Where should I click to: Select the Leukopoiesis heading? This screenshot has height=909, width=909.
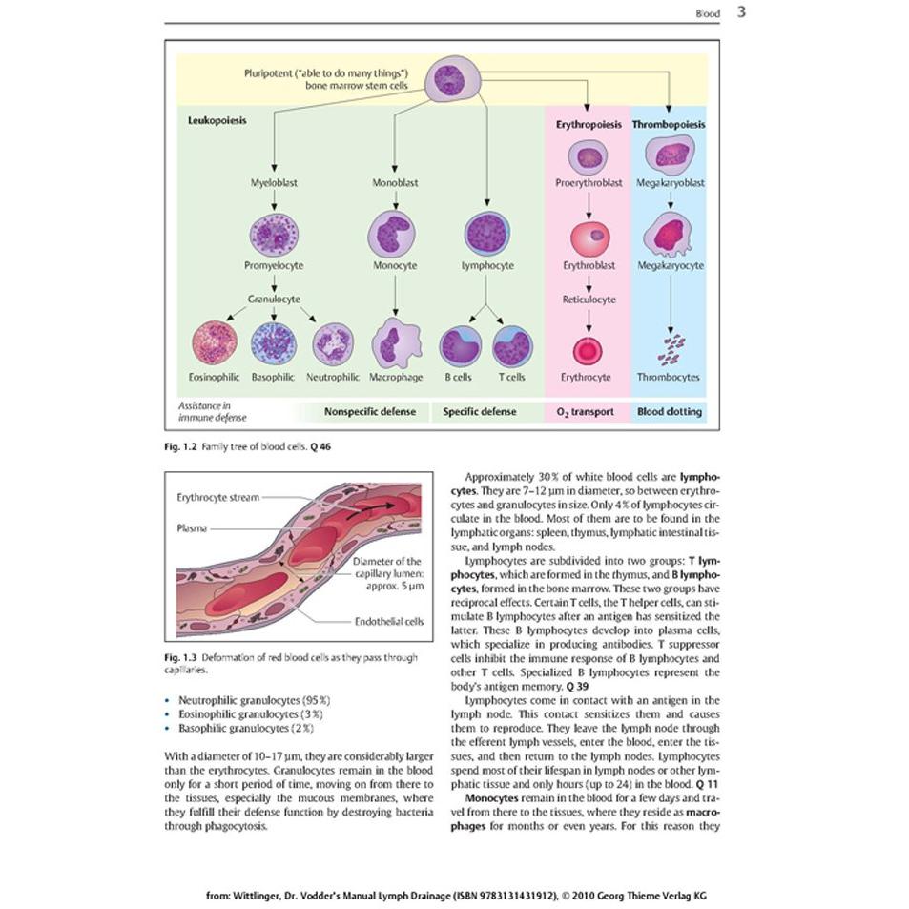pos(217,120)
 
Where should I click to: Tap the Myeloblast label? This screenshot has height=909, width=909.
pos(274,182)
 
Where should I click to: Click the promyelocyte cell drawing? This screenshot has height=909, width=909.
pos(274,235)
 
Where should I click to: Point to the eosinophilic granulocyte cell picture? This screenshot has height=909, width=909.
pos(215,342)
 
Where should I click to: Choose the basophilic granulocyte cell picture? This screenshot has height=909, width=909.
pos(274,343)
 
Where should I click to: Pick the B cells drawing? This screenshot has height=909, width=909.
pos(461,346)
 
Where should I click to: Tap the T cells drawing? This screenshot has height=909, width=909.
pos(512,346)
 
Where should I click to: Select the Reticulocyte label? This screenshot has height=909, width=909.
pos(589,300)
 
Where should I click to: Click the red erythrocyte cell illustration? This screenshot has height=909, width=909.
pos(588,351)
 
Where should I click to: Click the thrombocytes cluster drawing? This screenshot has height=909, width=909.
pos(671,350)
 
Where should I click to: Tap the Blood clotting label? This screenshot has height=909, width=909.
pos(670,412)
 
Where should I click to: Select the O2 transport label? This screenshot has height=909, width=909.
pos(585,412)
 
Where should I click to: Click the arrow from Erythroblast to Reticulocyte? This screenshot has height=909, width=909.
pos(589,284)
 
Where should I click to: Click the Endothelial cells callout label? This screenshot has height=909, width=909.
pos(389,622)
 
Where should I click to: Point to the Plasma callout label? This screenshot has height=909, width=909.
pos(192,528)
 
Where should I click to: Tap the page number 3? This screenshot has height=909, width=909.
pos(741,11)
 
